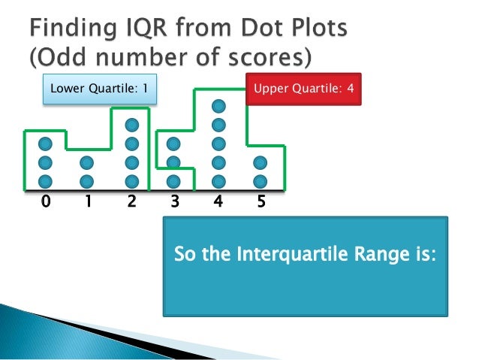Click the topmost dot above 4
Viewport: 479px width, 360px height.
pyautogui.click(x=218, y=106)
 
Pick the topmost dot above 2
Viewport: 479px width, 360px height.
pyautogui.click(x=132, y=125)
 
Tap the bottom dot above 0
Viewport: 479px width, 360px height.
pyautogui.click(x=45, y=180)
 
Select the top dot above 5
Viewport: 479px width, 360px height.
pyautogui.click(x=260, y=162)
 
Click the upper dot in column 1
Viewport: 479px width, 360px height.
pyautogui.click(x=87, y=162)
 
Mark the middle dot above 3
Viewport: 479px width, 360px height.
pyautogui.click(x=173, y=162)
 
